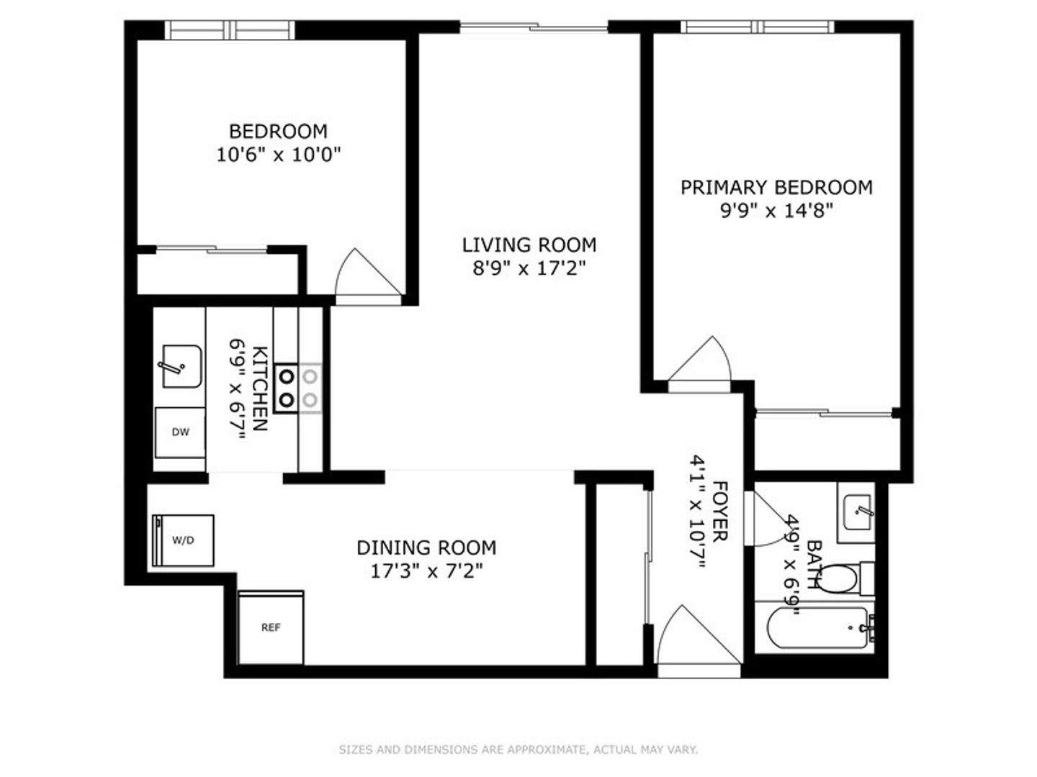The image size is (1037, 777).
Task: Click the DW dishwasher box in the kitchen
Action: point(180,432)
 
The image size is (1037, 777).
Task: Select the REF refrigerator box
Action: point(271,627)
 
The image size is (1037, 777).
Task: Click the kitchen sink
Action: point(180,366)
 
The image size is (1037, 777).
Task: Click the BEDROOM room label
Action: point(278,132)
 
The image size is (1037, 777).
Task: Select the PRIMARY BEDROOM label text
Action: point(776,188)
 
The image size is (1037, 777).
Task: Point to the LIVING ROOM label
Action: point(529,245)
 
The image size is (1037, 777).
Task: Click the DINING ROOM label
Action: point(426,548)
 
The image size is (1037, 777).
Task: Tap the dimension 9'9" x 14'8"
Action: point(776,211)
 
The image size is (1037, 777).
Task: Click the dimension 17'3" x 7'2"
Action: point(426,571)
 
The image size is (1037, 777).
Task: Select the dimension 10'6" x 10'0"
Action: point(278,154)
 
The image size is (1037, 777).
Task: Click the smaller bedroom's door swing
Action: point(364,273)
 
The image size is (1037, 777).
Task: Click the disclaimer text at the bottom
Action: point(518,750)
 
